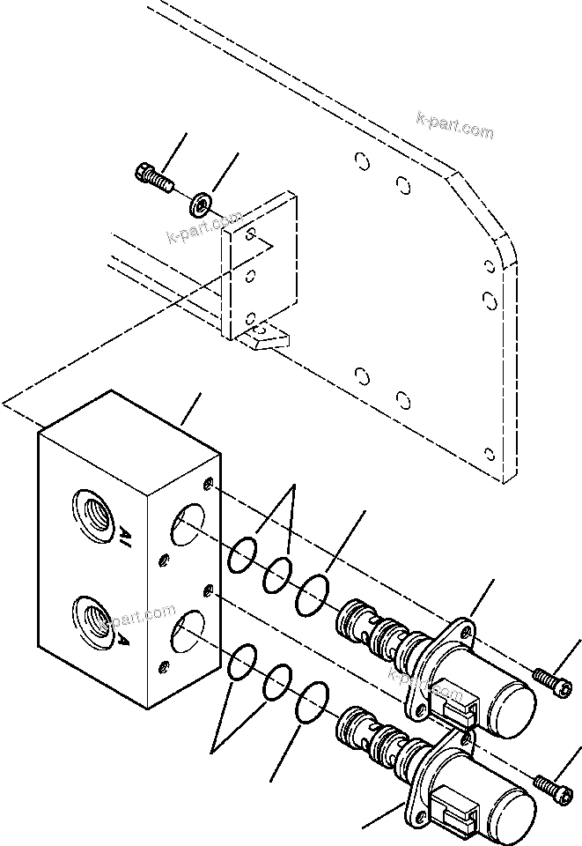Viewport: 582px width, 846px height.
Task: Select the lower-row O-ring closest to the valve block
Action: coord(239,664)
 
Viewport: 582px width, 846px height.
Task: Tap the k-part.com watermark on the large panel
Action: coord(456,126)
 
